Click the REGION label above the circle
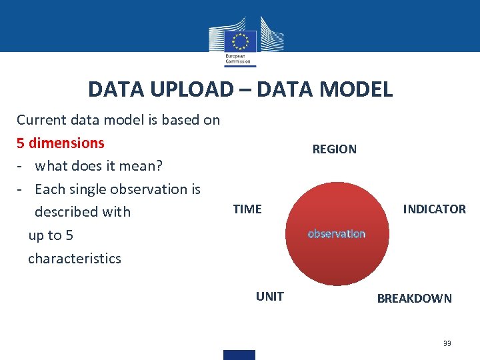[334, 149]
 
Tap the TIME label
[247, 209]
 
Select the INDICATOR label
[434, 209]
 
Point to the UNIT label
[269, 297]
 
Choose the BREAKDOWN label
[414, 299]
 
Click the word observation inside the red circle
[337, 234]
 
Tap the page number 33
[447, 343]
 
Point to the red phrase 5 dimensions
[61, 143]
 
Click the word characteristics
[75, 259]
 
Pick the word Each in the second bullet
[48, 189]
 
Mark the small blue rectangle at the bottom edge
[239, 355]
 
